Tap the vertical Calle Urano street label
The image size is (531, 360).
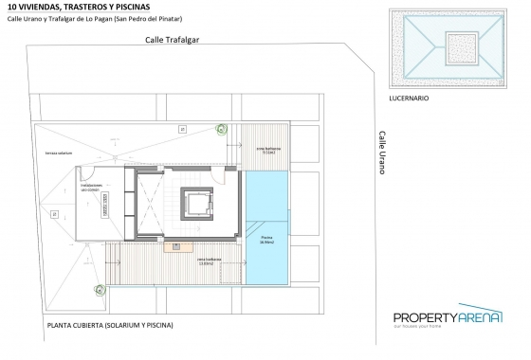[x=381, y=153]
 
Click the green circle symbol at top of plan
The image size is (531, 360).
[x=222, y=131]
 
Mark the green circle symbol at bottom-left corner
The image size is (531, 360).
[x=98, y=290]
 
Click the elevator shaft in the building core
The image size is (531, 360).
[x=196, y=204]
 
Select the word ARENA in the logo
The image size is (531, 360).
[x=482, y=317]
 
